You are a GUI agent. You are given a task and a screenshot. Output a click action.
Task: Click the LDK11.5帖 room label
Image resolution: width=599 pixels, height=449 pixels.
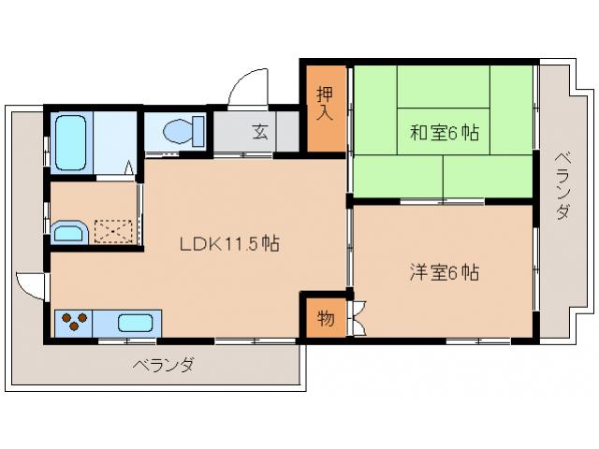point(228,244)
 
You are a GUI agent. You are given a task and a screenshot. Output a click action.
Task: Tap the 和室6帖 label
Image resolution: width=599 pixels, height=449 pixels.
point(444,134)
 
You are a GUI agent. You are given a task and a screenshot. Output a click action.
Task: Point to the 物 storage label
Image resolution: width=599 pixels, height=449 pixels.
point(325,318)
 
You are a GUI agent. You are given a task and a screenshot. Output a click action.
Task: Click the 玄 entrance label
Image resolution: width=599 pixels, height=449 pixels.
point(259,132)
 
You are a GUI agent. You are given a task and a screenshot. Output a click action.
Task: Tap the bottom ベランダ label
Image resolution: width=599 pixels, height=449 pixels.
point(163,365)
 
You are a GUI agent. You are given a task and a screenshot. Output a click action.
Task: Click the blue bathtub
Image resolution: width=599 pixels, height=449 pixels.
point(71,143)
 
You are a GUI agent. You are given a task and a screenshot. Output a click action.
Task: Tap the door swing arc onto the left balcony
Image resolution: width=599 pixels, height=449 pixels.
point(29,285)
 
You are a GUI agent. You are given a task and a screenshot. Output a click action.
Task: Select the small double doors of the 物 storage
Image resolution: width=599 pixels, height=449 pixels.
point(357,317)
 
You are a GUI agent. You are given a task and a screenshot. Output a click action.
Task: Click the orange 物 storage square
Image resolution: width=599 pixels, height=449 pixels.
point(325,318)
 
